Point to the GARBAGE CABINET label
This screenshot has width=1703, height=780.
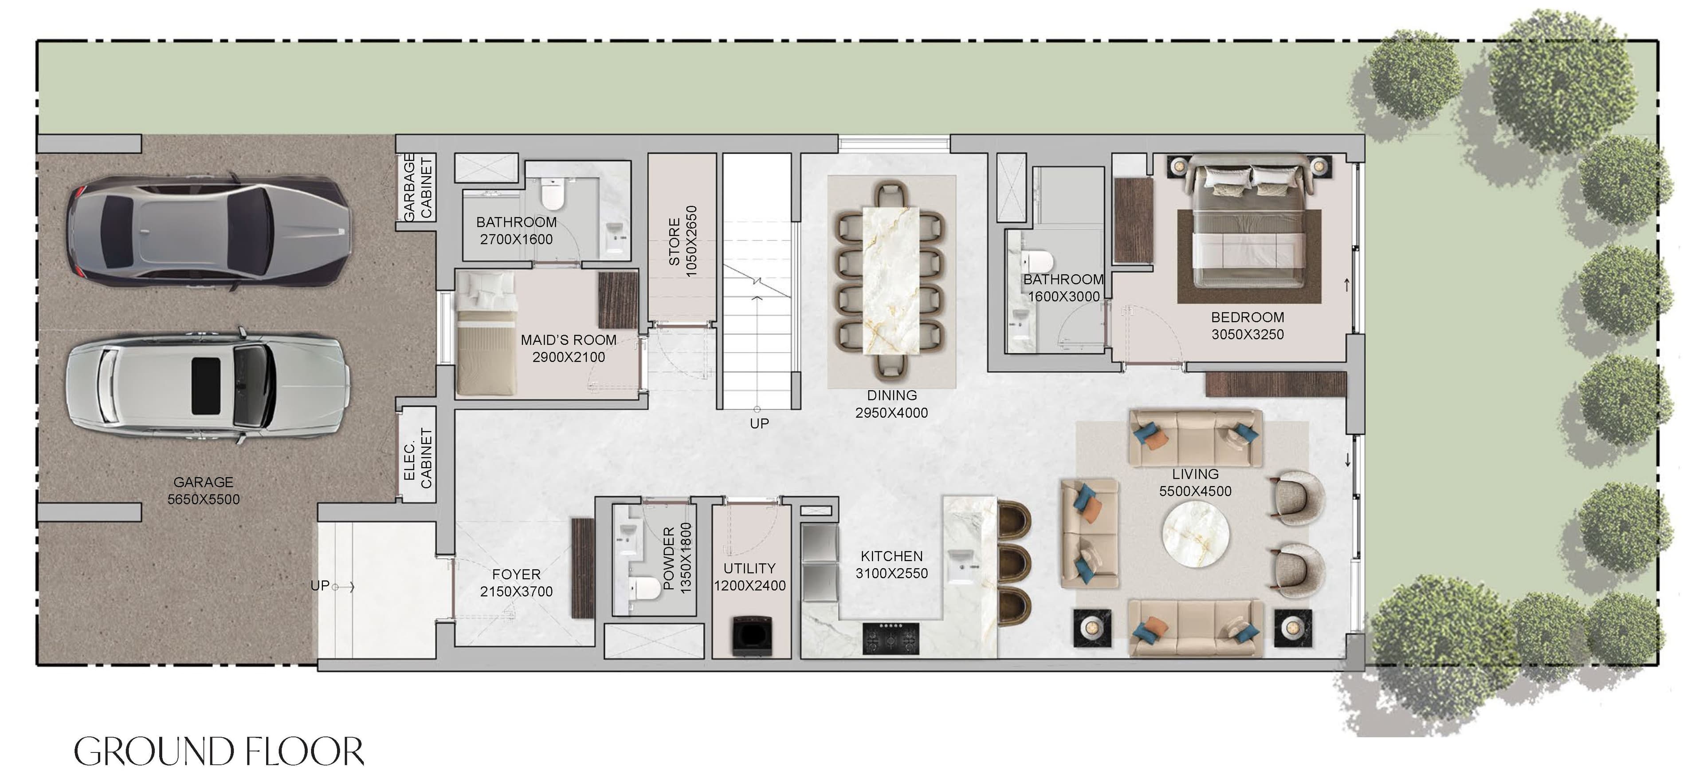418,187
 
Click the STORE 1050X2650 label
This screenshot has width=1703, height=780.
682,242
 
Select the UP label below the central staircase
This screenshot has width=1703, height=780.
759,424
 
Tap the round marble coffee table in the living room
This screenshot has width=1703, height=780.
1196,534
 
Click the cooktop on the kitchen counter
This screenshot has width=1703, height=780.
891,639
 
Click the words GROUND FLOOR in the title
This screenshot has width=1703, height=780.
219,752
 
